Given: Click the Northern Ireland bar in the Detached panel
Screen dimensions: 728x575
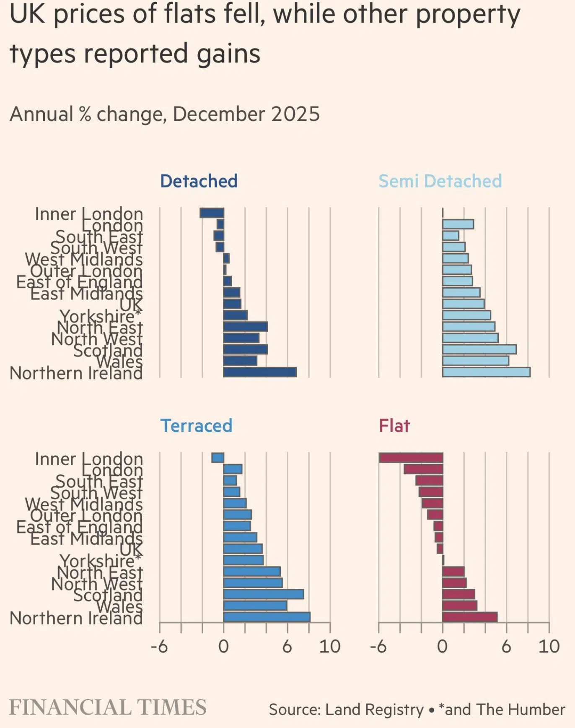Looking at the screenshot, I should click(x=260, y=372).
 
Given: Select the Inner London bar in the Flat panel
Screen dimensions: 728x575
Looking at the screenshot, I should click(x=411, y=458).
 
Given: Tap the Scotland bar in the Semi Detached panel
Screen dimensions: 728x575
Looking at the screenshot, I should click(x=479, y=349).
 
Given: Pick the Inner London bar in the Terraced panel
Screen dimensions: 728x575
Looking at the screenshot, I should click(x=218, y=458).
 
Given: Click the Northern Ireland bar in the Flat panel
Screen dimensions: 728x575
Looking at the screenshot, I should click(x=469, y=617).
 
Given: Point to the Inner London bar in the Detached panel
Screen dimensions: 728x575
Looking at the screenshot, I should click(x=212, y=213).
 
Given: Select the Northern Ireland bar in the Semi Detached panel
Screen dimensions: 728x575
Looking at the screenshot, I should click(x=486, y=372).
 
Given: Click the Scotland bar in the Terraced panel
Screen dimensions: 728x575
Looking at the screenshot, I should click(x=263, y=594).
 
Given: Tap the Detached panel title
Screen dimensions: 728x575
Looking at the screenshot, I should click(x=199, y=181).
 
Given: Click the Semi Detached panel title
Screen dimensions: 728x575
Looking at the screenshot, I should click(x=440, y=181).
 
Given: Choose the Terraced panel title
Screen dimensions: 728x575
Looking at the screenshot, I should click(x=196, y=426).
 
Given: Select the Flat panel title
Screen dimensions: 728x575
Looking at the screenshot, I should click(x=394, y=426).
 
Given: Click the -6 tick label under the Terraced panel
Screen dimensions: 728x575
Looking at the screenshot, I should click(x=159, y=647).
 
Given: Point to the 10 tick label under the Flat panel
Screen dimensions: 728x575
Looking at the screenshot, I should click(x=549, y=647).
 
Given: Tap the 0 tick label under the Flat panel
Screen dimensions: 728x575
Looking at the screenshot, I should click(x=442, y=647).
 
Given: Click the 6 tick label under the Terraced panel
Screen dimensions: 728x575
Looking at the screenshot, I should click(x=287, y=647).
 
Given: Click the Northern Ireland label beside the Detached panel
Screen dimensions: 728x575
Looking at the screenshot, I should click(x=76, y=373).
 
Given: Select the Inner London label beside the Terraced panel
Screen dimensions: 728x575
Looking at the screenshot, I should click(x=89, y=459).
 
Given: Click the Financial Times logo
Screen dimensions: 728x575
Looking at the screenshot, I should click(x=108, y=707).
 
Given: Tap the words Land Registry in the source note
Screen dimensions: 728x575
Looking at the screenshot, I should click(x=374, y=710).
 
